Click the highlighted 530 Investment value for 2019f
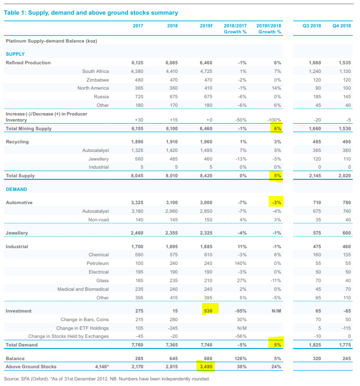[208, 310]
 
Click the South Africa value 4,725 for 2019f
[205, 71]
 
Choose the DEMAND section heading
[16, 189]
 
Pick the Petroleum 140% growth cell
[240, 263]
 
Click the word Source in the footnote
[12, 378]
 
